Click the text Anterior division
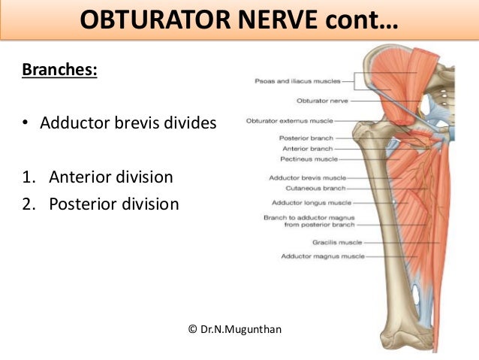pyautogui.click(x=111, y=177)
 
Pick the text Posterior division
pyautogui.click(x=114, y=204)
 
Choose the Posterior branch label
pyautogui.click(x=306, y=138)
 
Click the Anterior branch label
pyautogui.click(x=307, y=149)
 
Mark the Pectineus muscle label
pyautogui.click(x=308, y=159)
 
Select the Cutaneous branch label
pyautogui.click(x=312, y=188)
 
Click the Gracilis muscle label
pyautogui.click(x=336, y=243)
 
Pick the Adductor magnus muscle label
pyautogui.click(x=322, y=256)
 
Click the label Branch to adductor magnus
pyautogui.click(x=313, y=217)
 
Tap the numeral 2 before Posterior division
pyautogui.click(x=26, y=204)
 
